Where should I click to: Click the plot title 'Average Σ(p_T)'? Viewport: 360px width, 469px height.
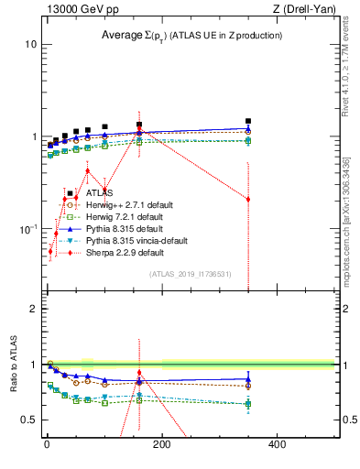[x=191, y=35]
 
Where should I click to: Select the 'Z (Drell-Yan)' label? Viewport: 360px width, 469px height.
[x=301, y=8]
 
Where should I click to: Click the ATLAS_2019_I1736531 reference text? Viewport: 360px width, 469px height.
[x=191, y=274]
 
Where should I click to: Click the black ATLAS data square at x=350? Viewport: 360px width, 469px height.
[x=248, y=121]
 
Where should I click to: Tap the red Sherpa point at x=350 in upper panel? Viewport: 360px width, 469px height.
[x=248, y=199]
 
